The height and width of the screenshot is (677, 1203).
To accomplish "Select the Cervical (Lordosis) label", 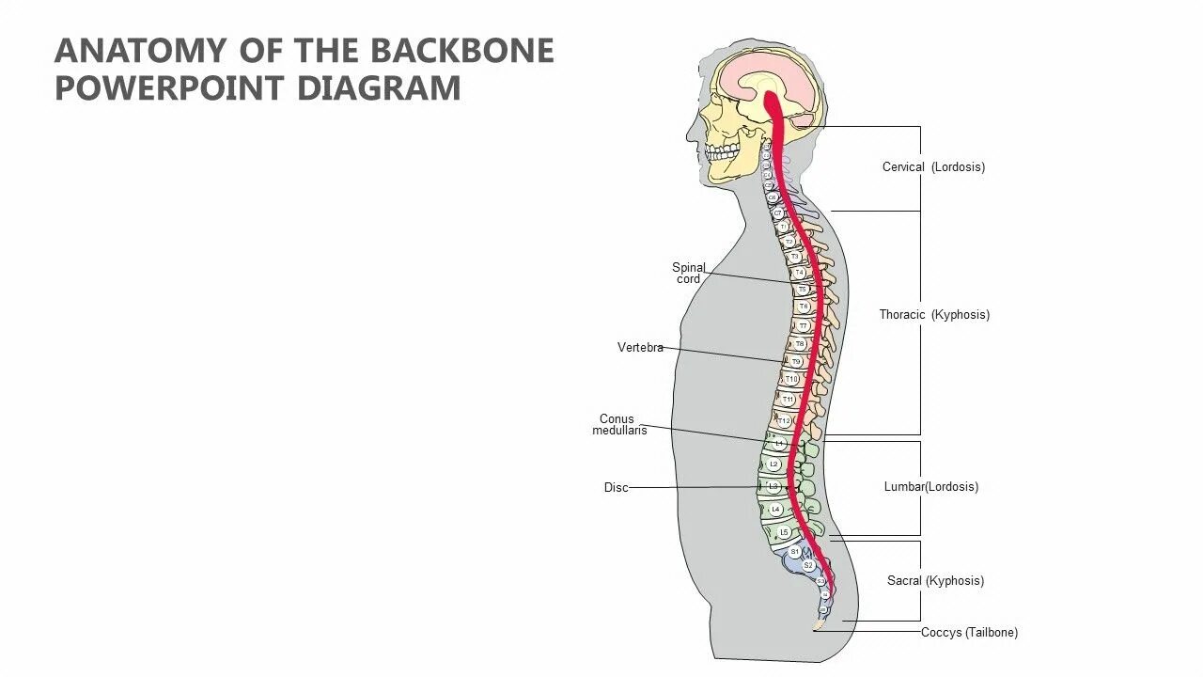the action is pos(933,167).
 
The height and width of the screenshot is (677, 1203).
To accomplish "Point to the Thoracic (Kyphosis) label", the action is pos(934,315).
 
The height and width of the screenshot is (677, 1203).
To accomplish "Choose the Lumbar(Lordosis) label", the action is pos(930,487).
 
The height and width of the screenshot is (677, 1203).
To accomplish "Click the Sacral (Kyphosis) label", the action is pos(935,581).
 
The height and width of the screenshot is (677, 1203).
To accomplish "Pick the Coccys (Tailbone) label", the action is pos(969,633).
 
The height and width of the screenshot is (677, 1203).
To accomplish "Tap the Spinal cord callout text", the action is pos(688,274).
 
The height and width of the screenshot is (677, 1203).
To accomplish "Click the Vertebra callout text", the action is pos(640,348).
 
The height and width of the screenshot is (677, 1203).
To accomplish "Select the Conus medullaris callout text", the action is pos(618,425).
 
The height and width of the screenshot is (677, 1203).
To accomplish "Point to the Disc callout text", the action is pos(616,488).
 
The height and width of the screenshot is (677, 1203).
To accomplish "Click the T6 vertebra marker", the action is pos(804,307).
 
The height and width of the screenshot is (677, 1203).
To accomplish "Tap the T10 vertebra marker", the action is pos(791,380).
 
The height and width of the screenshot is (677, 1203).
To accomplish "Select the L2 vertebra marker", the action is pos(774,464).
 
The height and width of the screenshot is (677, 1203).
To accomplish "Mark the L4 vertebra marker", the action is pos(775,510).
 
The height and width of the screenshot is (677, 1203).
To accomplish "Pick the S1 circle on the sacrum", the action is pos(795,552).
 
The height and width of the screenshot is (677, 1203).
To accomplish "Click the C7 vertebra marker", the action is pos(778,213).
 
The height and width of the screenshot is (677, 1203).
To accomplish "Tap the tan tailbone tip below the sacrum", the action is pos(817,623).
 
